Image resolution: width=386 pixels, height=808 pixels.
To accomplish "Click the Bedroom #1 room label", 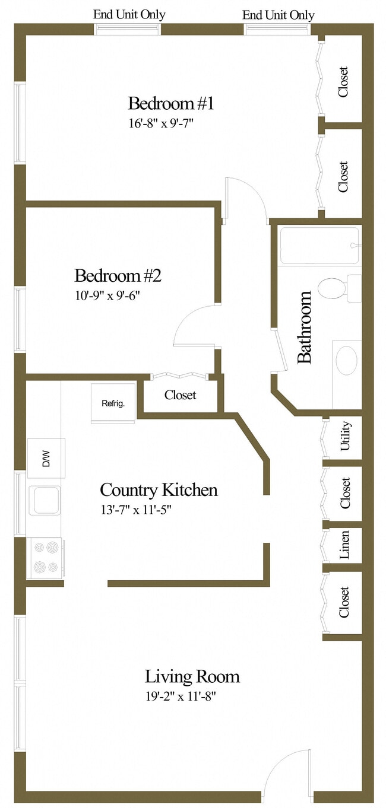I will click(170, 104).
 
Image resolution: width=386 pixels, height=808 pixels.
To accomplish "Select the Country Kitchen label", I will click(159, 490).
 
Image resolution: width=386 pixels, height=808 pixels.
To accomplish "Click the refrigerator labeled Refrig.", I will click(113, 404).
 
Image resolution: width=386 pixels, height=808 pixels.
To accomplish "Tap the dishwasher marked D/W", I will click(46, 459).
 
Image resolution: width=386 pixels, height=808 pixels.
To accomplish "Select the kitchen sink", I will click(45, 500).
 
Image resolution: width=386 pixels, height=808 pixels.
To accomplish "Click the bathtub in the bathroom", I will click(319, 246).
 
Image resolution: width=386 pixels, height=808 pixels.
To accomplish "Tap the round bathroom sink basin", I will click(346, 360).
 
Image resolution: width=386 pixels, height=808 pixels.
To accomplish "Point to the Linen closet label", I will click(345, 544).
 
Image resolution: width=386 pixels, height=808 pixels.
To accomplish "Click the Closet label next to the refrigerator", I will click(181, 395).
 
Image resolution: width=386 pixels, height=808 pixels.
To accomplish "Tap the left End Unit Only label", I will click(129, 15).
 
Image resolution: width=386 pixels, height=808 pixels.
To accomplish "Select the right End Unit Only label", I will click(279, 15).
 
